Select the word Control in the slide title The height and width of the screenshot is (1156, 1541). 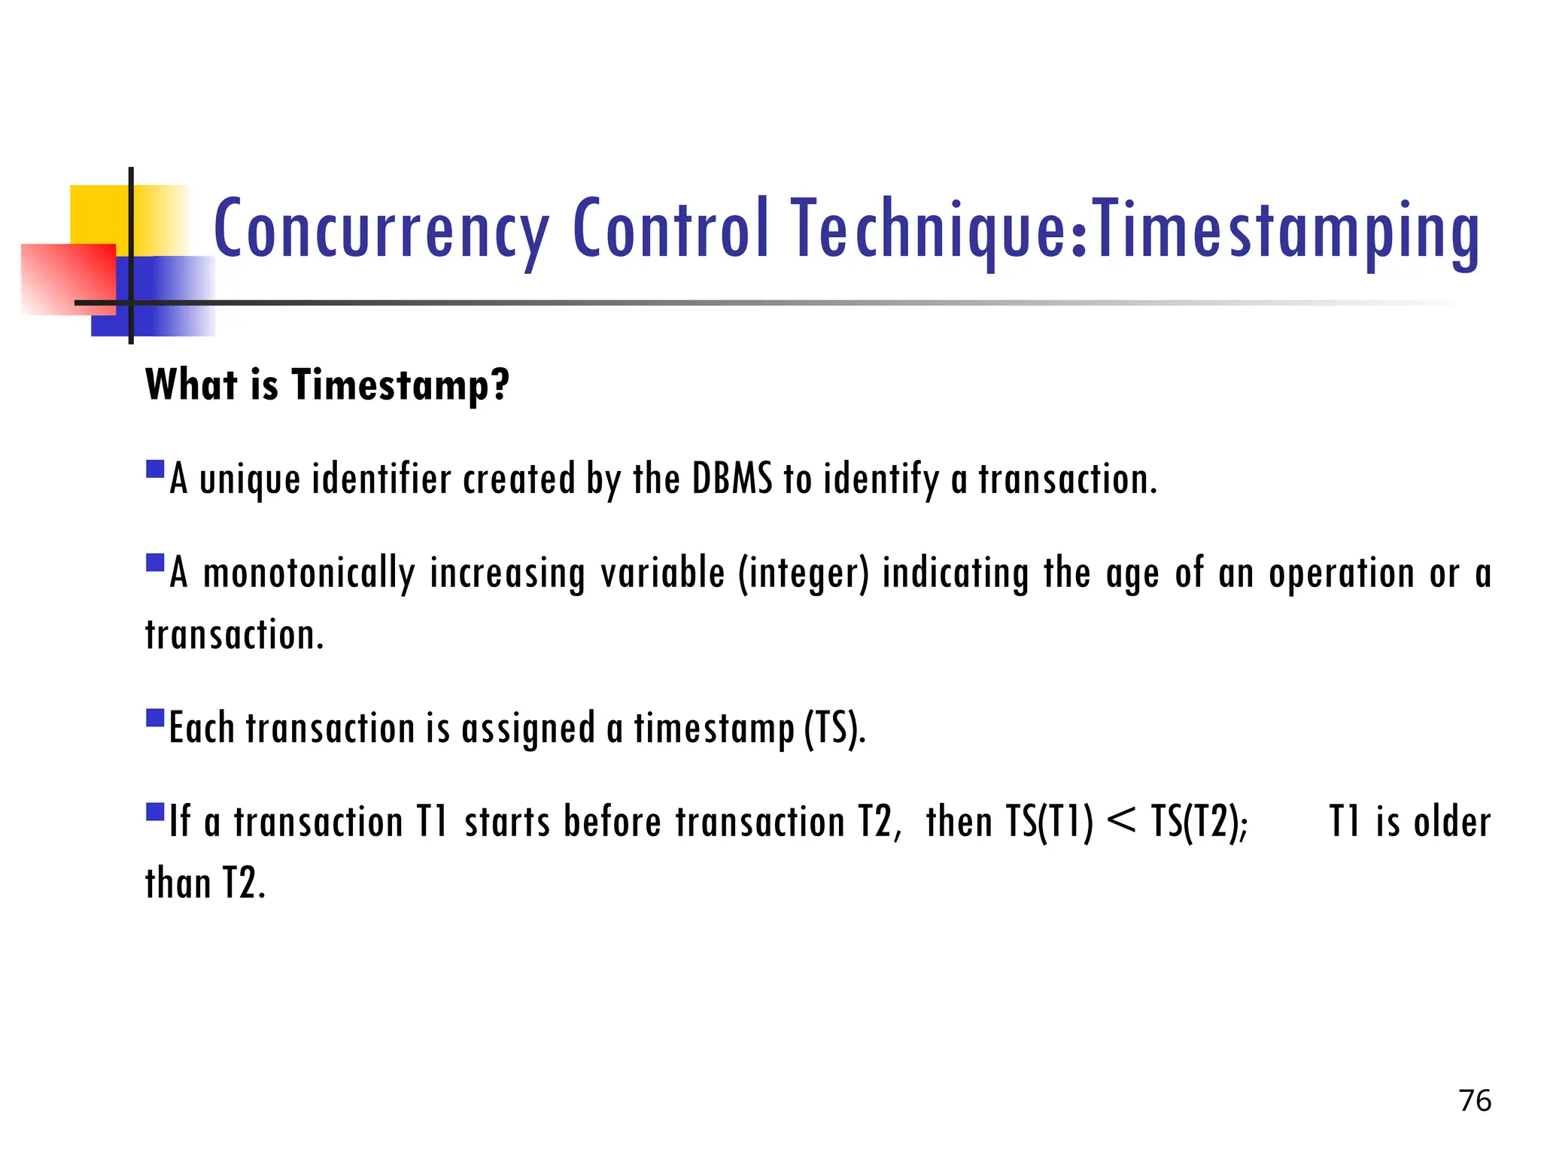[671, 227]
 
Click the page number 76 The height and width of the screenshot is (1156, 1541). [1475, 1100]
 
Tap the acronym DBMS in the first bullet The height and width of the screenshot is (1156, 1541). [731, 479]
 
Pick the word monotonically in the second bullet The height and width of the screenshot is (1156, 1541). [309, 573]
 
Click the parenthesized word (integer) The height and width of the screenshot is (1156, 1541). [803, 573]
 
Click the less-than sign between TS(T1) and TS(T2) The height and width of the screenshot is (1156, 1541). [1121, 820]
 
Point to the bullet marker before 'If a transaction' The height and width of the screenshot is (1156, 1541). [155, 811]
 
